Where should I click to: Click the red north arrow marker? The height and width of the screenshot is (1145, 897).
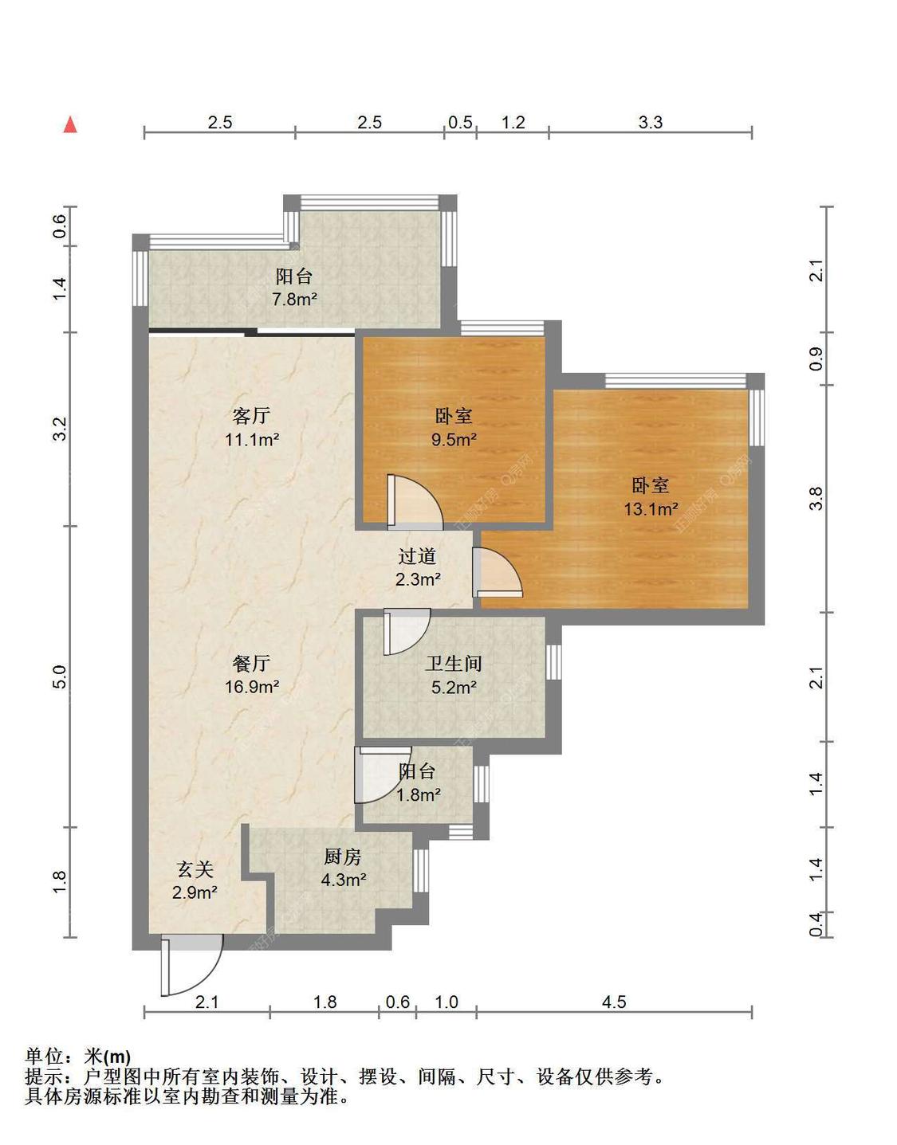click(70, 124)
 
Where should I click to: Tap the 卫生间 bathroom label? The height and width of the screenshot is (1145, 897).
click(453, 663)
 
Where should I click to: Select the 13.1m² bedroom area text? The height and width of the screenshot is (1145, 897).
click(651, 509)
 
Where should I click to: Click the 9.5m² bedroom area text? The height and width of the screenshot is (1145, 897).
click(454, 439)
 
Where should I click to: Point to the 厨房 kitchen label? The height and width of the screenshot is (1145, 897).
click(343, 857)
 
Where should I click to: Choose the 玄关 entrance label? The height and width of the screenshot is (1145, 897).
click(195, 869)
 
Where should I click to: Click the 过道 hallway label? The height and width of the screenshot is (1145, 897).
click(417, 556)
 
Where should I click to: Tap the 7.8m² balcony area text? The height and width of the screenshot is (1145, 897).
click(294, 300)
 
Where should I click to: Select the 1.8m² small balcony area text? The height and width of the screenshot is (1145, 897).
click(419, 794)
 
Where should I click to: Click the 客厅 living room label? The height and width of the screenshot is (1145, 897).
click(251, 415)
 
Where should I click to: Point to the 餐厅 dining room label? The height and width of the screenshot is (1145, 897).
click(251, 663)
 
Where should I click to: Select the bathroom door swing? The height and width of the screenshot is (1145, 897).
click(405, 629)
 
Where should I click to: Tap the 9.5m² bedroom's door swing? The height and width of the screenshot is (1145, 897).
click(413, 502)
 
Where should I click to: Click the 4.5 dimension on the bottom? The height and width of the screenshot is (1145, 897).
click(614, 1002)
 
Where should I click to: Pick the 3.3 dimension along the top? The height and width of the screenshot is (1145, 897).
click(651, 122)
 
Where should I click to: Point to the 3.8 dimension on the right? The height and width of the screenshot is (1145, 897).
click(815, 499)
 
